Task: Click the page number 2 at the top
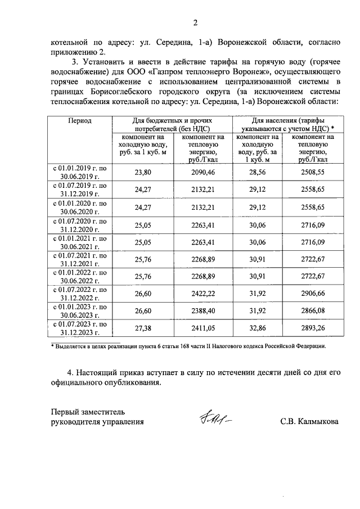pyautogui.click(x=196, y=22)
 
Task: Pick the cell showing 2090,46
pyautogui.click(x=204, y=172)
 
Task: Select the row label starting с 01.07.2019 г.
pyautogui.click(x=79, y=189)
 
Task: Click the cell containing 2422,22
pyautogui.click(x=204, y=293)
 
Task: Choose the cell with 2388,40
pyautogui.click(x=204, y=310)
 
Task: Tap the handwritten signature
pyautogui.click(x=215, y=418)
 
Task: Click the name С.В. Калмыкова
pyautogui.click(x=309, y=421)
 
